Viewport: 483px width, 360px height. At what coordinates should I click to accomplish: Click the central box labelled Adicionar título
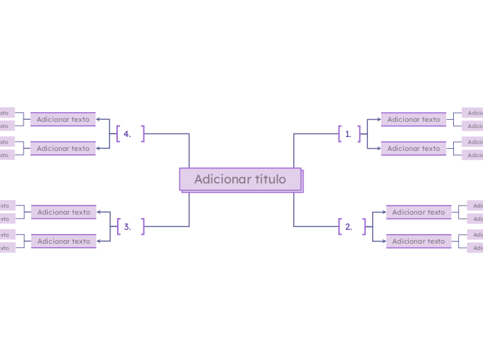click(240, 179)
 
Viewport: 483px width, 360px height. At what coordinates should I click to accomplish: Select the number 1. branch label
click(349, 134)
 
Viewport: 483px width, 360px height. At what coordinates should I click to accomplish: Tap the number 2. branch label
click(349, 226)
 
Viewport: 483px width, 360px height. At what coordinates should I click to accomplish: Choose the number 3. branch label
click(128, 226)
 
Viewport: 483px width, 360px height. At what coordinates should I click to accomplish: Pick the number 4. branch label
click(128, 134)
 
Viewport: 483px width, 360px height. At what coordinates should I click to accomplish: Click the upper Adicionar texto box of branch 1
click(414, 119)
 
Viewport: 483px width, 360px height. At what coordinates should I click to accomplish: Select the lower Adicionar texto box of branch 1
click(414, 148)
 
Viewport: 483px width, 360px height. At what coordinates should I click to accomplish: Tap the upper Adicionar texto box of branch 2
click(419, 212)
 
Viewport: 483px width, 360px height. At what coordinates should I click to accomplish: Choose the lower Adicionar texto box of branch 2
click(419, 241)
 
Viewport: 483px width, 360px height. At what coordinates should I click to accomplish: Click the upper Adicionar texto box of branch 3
click(64, 212)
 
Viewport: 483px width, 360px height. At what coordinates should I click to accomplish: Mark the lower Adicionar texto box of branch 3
click(64, 241)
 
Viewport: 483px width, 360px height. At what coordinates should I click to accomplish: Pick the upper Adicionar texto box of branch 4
click(63, 119)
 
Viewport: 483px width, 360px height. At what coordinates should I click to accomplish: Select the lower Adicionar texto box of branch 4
click(63, 148)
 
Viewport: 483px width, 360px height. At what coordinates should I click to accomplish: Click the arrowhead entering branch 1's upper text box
click(378, 119)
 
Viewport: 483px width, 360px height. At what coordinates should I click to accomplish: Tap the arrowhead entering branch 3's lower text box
click(99, 241)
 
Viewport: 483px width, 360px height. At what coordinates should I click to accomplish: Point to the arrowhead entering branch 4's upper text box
click(98, 119)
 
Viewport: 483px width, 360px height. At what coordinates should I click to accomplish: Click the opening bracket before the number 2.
click(340, 226)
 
